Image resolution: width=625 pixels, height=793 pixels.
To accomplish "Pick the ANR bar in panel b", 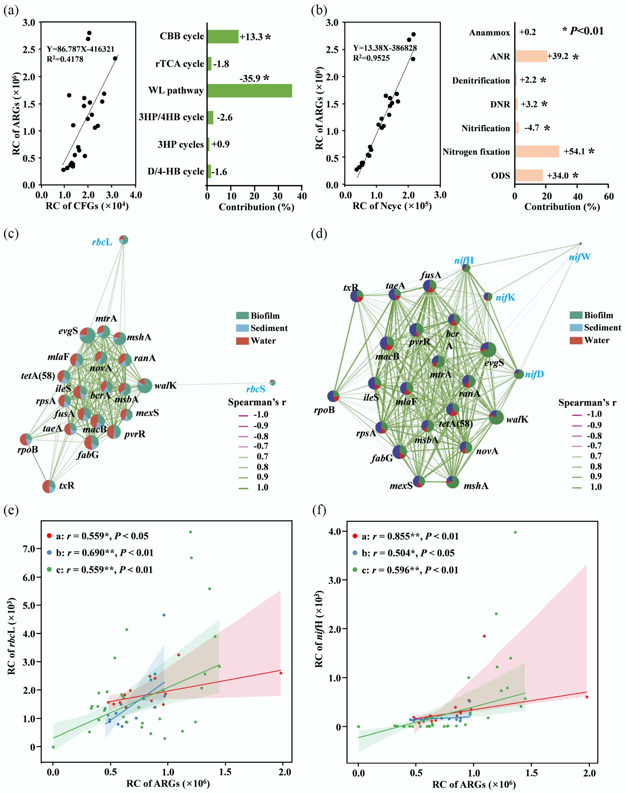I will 531,56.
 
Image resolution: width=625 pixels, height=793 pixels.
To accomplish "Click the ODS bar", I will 529,175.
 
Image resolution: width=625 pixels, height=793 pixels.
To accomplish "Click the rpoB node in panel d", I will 333,396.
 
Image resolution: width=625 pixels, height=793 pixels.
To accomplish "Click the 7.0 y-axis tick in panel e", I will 29,549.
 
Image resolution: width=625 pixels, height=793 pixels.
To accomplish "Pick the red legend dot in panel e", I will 49,536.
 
